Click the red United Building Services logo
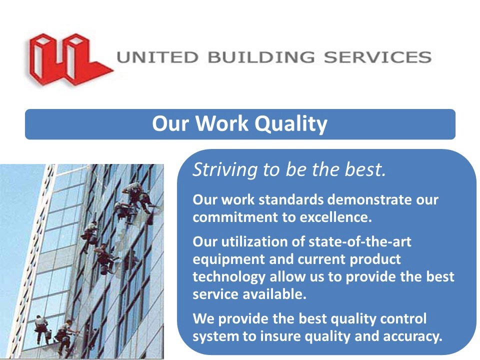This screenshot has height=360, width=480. pos(69,59)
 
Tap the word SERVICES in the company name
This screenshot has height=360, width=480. pos(378,57)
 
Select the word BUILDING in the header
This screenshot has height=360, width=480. pos(261,57)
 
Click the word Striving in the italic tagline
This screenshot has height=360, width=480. pos(225,170)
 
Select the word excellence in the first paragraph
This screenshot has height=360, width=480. pos(336,217)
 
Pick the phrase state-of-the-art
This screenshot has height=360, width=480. pos(359,241)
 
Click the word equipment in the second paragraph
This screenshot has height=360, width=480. pos(228,260)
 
